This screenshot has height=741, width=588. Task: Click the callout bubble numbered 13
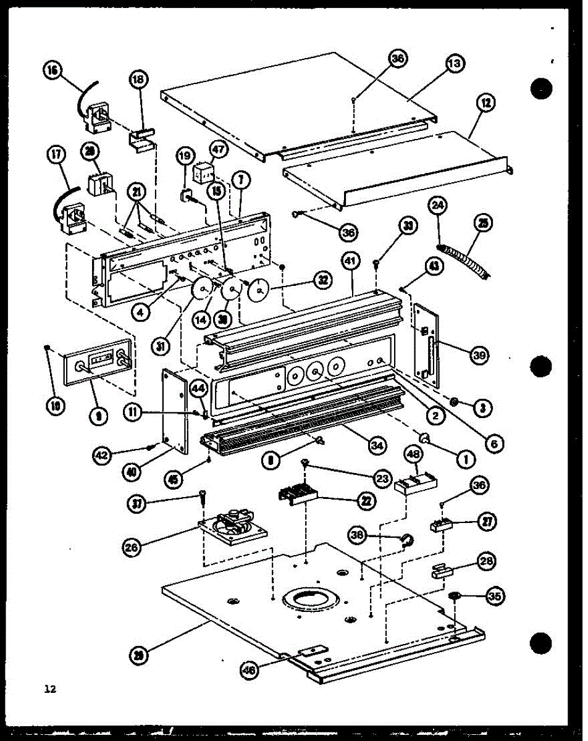456,64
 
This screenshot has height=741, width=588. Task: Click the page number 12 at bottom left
49,689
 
